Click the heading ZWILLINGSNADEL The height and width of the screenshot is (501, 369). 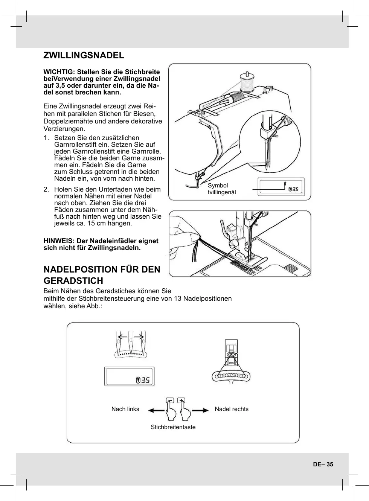[x=84, y=55]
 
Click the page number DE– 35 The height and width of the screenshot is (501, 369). [x=323, y=464]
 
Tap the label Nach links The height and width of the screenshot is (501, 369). [x=125, y=409]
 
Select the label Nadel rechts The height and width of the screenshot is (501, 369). [x=231, y=409]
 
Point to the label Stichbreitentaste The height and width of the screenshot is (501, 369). [x=173, y=427]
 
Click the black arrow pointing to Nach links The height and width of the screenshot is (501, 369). [x=156, y=410]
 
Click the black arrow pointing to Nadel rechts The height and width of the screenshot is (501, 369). [x=200, y=410]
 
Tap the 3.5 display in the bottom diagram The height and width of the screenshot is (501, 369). [x=143, y=380]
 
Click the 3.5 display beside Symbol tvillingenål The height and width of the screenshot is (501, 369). [x=293, y=189]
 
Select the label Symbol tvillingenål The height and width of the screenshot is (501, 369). [x=221, y=189]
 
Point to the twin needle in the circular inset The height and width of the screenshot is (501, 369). [x=268, y=154]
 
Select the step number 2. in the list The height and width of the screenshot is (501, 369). [x=46, y=189]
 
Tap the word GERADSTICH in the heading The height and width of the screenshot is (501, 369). [x=73, y=281]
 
